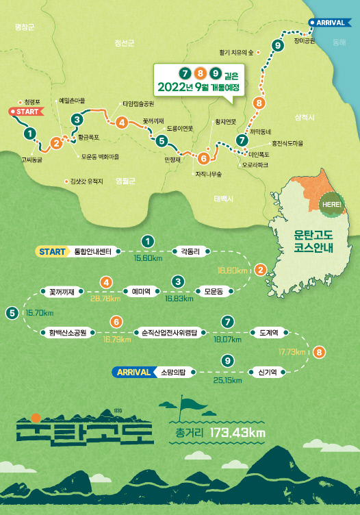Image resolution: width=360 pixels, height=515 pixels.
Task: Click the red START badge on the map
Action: click(x=25, y=110)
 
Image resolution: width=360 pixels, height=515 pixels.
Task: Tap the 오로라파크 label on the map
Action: click(x=255, y=165)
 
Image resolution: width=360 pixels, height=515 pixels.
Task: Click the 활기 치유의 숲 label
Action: click(x=236, y=51)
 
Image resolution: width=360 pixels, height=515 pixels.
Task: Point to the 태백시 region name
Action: click(x=223, y=199)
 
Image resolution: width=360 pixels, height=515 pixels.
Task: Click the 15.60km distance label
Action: click(x=148, y=258)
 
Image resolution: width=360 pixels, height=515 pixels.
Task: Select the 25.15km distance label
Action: click(x=227, y=380)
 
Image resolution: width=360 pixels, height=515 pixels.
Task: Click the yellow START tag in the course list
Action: click(x=52, y=251)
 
